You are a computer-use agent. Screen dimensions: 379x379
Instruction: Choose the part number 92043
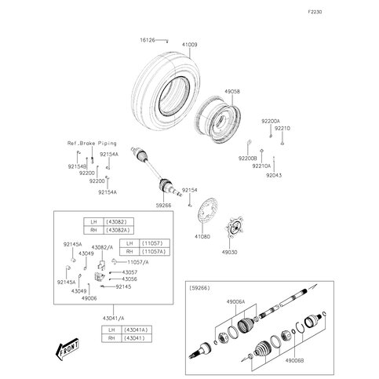pos(272,176)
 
